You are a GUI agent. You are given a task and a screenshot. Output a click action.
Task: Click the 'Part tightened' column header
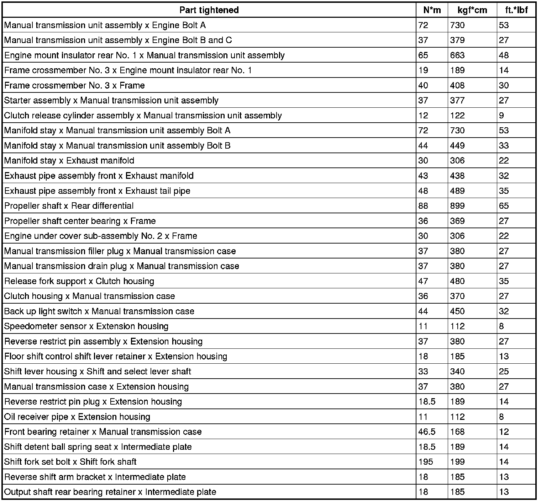click(x=209, y=10)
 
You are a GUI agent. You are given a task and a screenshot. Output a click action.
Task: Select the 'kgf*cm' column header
click(x=472, y=10)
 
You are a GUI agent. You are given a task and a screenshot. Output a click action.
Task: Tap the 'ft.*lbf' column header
click(x=516, y=10)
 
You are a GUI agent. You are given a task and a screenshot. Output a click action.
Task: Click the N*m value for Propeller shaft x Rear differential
click(x=423, y=206)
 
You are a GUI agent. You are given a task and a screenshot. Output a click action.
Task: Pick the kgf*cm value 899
click(x=457, y=206)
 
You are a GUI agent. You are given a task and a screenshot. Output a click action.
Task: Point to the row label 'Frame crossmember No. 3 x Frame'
click(x=74, y=85)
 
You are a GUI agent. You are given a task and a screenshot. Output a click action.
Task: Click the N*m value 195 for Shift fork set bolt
click(x=426, y=462)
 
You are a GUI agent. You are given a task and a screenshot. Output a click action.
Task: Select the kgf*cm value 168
click(x=457, y=432)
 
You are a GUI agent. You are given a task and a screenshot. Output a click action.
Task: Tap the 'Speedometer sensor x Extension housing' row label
click(x=86, y=326)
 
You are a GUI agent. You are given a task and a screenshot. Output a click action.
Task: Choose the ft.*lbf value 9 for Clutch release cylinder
click(x=501, y=116)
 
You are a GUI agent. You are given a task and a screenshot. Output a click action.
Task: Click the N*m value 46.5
click(x=427, y=432)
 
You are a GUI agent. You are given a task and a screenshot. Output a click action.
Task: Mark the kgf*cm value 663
click(x=457, y=55)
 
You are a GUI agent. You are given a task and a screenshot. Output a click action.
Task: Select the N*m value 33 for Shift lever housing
click(x=423, y=372)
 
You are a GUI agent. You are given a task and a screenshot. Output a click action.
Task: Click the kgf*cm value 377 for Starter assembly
click(x=457, y=101)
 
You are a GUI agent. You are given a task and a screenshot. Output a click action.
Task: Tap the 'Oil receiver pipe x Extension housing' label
click(x=77, y=417)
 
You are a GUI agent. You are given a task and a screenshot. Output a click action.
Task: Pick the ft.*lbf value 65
click(x=504, y=206)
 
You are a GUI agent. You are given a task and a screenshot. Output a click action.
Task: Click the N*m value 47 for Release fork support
click(x=423, y=281)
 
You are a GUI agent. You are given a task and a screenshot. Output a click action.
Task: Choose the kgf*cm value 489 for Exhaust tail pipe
click(x=457, y=191)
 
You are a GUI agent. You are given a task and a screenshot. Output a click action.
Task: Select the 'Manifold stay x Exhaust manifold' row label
click(x=69, y=161)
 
